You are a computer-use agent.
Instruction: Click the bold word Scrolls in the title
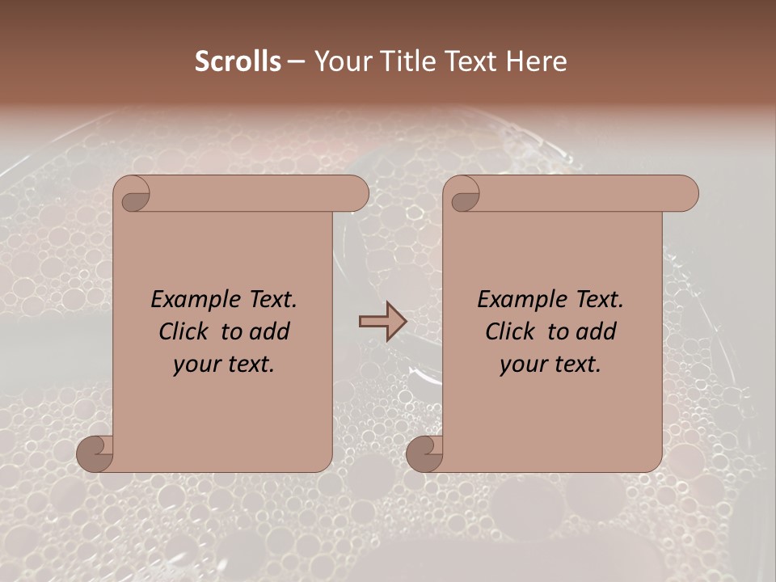238,61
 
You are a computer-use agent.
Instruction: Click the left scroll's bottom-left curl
95,453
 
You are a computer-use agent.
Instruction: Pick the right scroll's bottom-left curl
425,453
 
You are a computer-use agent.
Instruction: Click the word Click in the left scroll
183,332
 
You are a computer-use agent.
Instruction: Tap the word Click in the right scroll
509,332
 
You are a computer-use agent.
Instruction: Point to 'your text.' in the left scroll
224,365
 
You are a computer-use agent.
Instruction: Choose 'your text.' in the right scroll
550,365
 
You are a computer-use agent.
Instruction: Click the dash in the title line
297,61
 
